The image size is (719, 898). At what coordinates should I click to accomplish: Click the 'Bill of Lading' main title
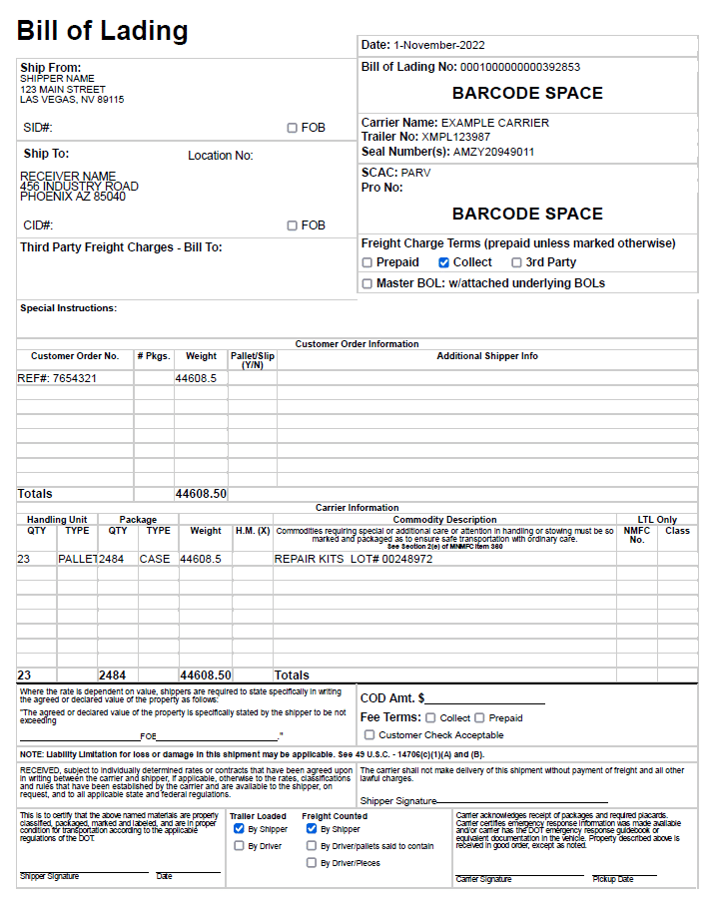(x=103, y=30)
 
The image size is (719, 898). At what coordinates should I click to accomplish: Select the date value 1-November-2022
(x=439, y=45)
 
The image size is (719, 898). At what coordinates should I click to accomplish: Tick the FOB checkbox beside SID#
(x=292, y=128)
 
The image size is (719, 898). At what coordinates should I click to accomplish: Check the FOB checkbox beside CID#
(x=292, y=225)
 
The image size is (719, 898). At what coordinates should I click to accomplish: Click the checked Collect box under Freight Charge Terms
(x=444, y=262)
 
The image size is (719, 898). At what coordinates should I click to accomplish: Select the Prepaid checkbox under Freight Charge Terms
(x=367, y=262)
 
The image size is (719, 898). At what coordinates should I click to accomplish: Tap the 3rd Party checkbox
(x=516, y=262)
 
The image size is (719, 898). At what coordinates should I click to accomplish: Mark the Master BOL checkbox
(x=367, y=283)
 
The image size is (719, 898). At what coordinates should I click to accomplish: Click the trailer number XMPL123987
(x=456, y=137)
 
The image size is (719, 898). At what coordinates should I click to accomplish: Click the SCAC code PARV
(x=416, y=173)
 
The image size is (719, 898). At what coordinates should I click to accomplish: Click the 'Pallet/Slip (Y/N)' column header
(x=253, y=360)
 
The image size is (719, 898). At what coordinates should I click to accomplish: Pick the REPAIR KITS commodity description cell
(x=354, y=560)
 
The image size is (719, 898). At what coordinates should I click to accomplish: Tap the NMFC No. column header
(x=637, y=536)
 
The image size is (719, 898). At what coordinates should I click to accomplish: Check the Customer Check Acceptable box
(x=369, y=734)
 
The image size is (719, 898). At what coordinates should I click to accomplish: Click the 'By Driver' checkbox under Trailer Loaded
(x=239, y=846)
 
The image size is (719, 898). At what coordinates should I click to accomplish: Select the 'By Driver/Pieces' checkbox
(x=312, y=863)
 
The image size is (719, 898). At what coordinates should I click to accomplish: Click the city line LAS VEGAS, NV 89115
(x=72, y=100)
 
